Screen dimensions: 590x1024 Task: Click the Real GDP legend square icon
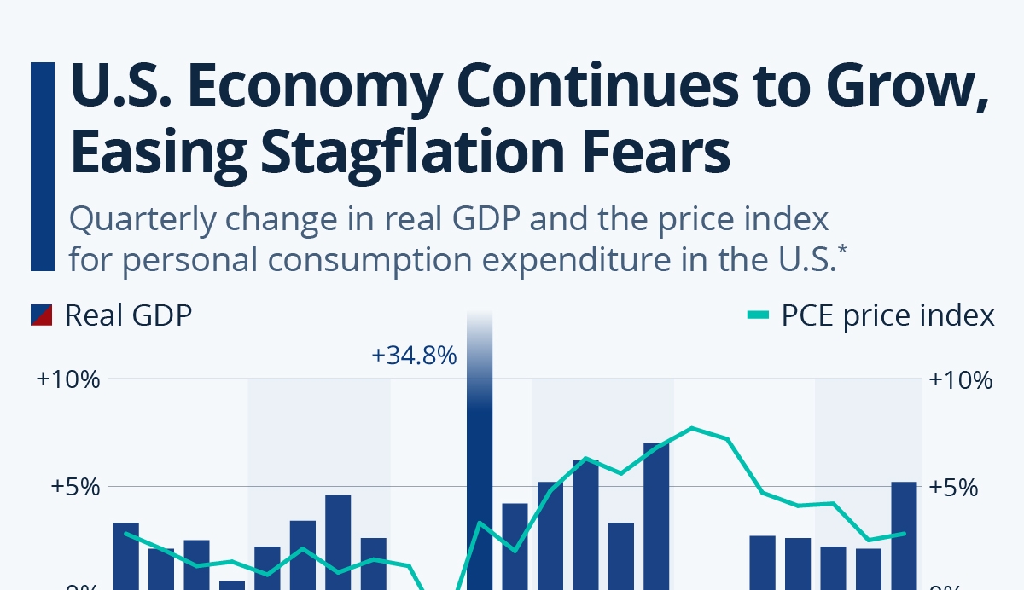pyautogui.click(x=43, y=315)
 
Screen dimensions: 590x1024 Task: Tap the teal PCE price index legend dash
pyautogui.click(x=759, y=315)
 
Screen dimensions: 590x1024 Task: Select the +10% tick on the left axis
pyautogui.click(x=69, y=379)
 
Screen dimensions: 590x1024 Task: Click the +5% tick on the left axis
pyautogui.click(x=75, y=488)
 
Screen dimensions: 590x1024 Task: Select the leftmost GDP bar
pyautogui.click(x=125, y=554)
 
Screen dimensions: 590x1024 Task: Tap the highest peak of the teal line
pyautogui.click(x=692, y=428)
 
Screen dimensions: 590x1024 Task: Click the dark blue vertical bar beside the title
pyautogui.click(x=42, y=165)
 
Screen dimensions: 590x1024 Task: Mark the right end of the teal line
pyautogui.click(x=904, y=534)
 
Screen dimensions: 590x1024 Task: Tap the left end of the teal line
pyautogui.click(x=125, y=534)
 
